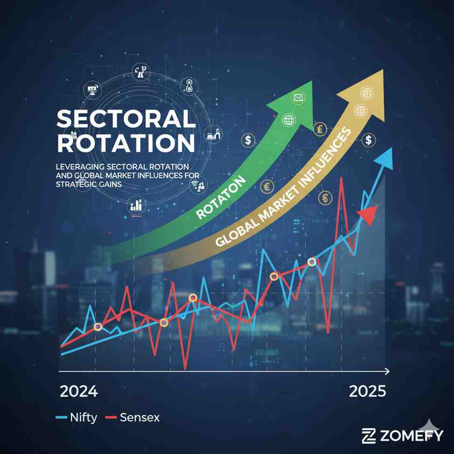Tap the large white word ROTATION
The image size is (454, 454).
point(126,144)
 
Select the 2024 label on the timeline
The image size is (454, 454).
point(79,391)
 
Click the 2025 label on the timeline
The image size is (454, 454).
point(367,391)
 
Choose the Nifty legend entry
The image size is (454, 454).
point(83,417)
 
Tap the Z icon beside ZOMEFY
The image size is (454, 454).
point(369,436)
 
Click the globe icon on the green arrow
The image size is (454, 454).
point(289,120)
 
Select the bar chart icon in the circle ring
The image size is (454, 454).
point(136,205)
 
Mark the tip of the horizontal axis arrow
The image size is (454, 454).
point(388,371)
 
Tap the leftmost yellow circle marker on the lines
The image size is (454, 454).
point(97,327)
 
